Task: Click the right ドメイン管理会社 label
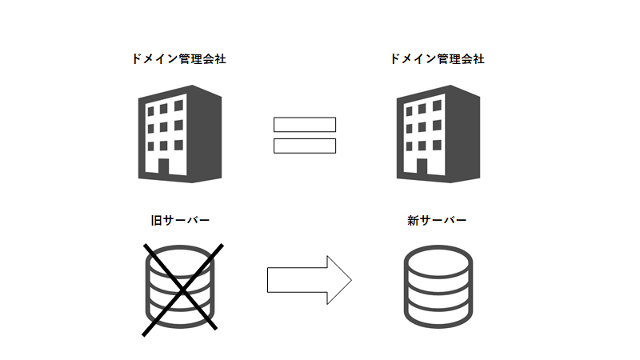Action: [x=437, y=59]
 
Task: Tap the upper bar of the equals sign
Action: [x=305, y=125]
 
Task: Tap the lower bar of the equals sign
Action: [x=305, y=146]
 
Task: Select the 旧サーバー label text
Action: [x=180, y=219]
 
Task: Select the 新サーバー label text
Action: [x=437, y=219]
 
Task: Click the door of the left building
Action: [x=163, y=167]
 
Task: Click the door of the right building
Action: [x=422, y=167]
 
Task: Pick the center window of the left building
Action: [x=163, y=127]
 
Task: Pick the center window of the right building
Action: [x=422, y=127]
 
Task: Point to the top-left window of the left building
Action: [x=148, y=108]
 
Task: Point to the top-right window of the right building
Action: [x=437, y=108]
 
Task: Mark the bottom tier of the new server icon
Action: [x=437, y=314]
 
